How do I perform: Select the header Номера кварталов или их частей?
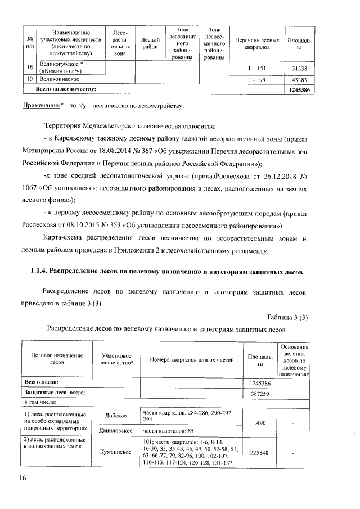(191, 360)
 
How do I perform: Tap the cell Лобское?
(115, 415)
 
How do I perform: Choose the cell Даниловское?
(115, 430)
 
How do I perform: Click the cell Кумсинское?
(115, 451)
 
